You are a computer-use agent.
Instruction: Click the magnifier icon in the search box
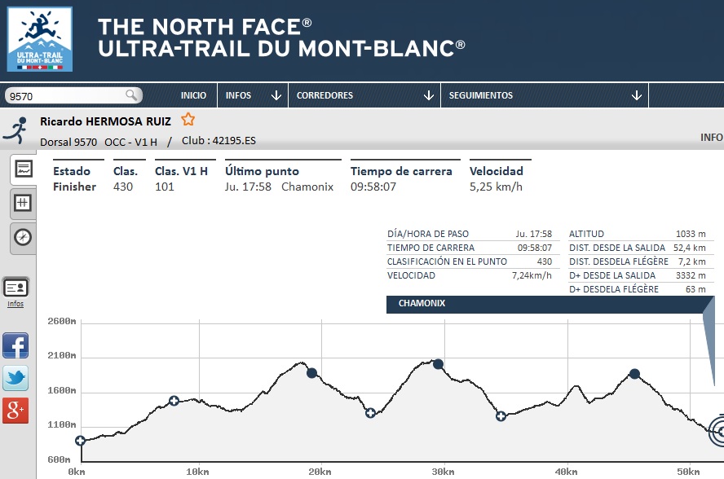point(131,95)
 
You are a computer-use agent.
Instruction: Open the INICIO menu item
point(193,95)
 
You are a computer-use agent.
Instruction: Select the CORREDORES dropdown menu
point(364,95)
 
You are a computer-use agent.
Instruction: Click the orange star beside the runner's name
point(188,120)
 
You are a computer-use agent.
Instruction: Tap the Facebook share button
point(15,346)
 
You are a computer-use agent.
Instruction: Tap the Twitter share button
point(15,378)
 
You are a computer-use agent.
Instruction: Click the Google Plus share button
point(15,411)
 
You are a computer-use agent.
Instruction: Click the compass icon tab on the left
point(23,237)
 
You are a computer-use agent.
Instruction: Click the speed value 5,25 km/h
point(496,187)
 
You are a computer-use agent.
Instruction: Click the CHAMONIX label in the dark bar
point(422,304)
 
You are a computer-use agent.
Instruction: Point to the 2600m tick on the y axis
point(61,322)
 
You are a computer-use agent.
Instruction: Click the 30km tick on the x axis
point(443,471)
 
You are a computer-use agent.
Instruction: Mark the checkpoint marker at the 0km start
point(80,441)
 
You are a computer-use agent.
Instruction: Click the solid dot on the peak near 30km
point(438,364)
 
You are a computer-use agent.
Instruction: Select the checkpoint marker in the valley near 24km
point(370,413)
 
